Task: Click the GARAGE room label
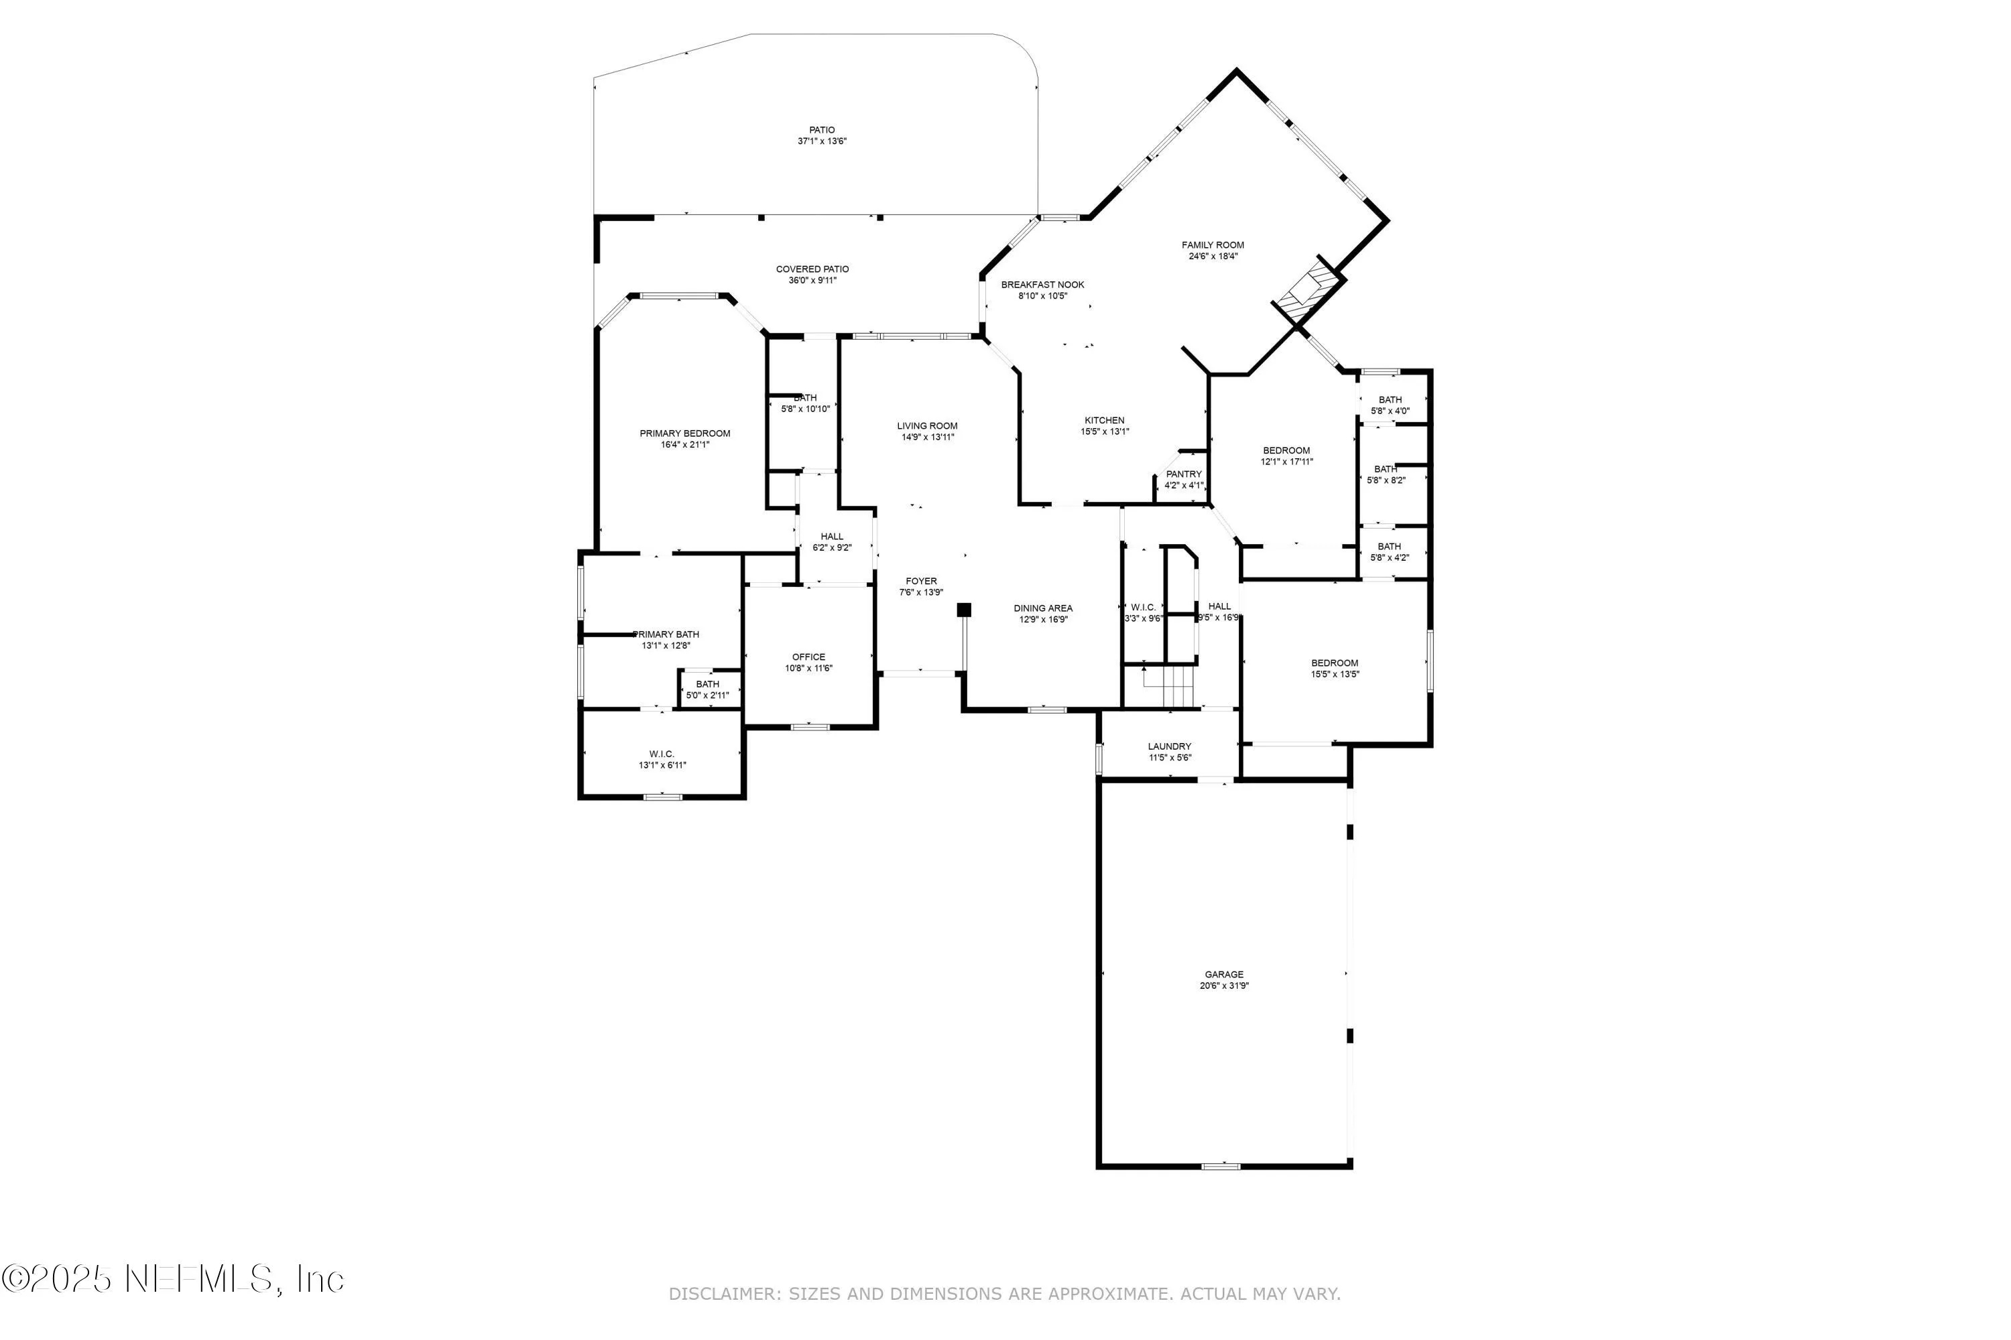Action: pyautogui.click(x=1223, y=974)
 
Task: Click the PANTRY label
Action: pyautogui.click(x=1183, y=474)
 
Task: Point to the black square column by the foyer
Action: pyautogui.click(x=964, y=609)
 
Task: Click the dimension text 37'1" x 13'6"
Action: pyautogui.click(x=822, y=141)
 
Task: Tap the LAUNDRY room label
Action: pyautogui.click(x=1169, y=747)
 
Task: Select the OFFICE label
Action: pyautogui.click(x=808, y=657)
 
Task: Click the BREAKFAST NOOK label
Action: pyautogui.click(x=1042, y=285)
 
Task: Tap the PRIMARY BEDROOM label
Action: pyautogui.click(x=685, y=433)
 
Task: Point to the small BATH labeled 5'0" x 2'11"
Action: pyautogui.click(x=707, y=685)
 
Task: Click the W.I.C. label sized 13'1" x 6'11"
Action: pyautogui.click(x=662, y=754)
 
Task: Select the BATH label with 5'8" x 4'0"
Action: pyautogui.click(x=1390, y=400)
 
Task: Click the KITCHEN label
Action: pyautogui.click(x=1104, y=421)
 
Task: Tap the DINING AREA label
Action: pyautogui.click(x=1042, y=608)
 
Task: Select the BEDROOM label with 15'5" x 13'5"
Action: pyautogui.click(x=1334, y=663)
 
